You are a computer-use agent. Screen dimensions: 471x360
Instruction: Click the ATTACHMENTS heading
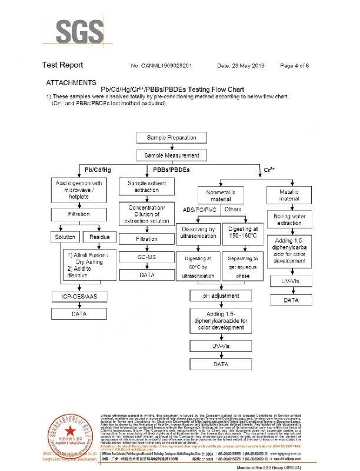[x=72, y=83]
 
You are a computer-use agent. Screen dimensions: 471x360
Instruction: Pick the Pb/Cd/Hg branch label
[x=98, y=171]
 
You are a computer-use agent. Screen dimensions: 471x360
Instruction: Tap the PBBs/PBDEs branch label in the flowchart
[x=171, y=171]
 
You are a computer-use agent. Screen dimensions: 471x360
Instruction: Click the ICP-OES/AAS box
[x=79, y=297]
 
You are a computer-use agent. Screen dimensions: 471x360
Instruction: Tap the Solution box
[x=65, y=237]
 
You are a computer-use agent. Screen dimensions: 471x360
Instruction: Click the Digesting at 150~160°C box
[x=243, y=233]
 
